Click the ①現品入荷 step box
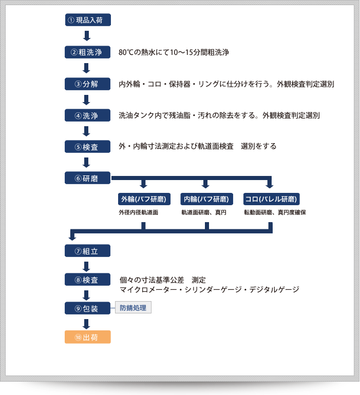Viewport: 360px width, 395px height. [x=87, y=20]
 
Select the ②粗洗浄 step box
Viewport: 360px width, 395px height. [x=87, y=52]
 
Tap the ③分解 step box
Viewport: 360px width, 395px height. [x=87, y=84]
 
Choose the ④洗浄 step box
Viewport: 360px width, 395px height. [x=87, y=115]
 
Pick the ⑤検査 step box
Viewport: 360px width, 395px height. [x=87, y=147]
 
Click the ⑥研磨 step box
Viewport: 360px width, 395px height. [x=87, y=178]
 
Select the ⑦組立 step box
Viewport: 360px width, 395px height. [x=87, y=251]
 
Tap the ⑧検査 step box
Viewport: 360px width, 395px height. [x=87, y=280]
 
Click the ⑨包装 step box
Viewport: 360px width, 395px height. [x=87, y=308]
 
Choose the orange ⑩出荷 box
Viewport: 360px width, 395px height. [x=87, y=338]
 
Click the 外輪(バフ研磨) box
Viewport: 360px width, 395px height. [x=143, y=199]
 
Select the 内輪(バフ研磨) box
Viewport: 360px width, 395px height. [x=206, y=199]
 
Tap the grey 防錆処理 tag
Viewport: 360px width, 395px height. [x=133, y=308]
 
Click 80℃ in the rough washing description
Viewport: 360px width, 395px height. [x=126, y=52]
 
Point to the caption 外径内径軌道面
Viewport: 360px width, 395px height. [x=138, y=212]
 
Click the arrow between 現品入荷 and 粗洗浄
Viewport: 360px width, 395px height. [x=87, y=36]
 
